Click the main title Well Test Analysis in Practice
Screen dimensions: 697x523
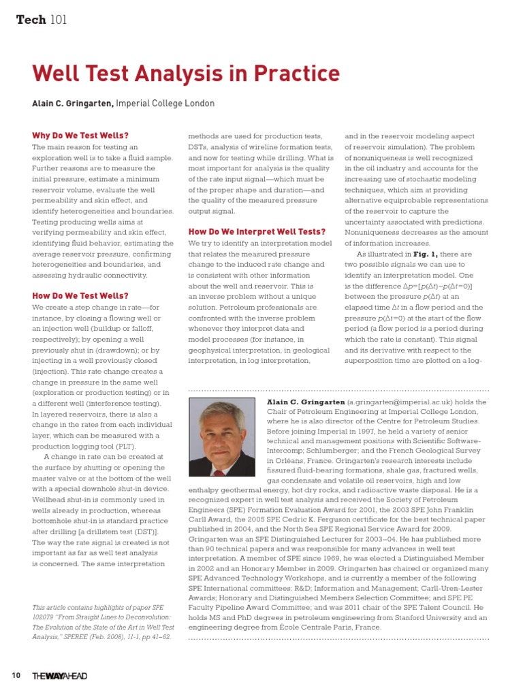pos(186,74)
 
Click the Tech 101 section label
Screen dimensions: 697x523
pos(41,20)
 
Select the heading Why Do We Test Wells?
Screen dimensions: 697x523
pos(80,135)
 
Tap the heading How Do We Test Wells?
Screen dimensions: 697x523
pos(80,296)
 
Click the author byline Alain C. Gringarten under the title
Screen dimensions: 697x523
pos(73,104)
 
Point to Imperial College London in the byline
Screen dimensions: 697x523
pos(165,104)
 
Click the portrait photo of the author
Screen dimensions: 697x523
pos(223,438)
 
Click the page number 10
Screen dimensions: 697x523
pos(16,675)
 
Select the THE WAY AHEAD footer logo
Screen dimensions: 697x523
pos(60,675)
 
